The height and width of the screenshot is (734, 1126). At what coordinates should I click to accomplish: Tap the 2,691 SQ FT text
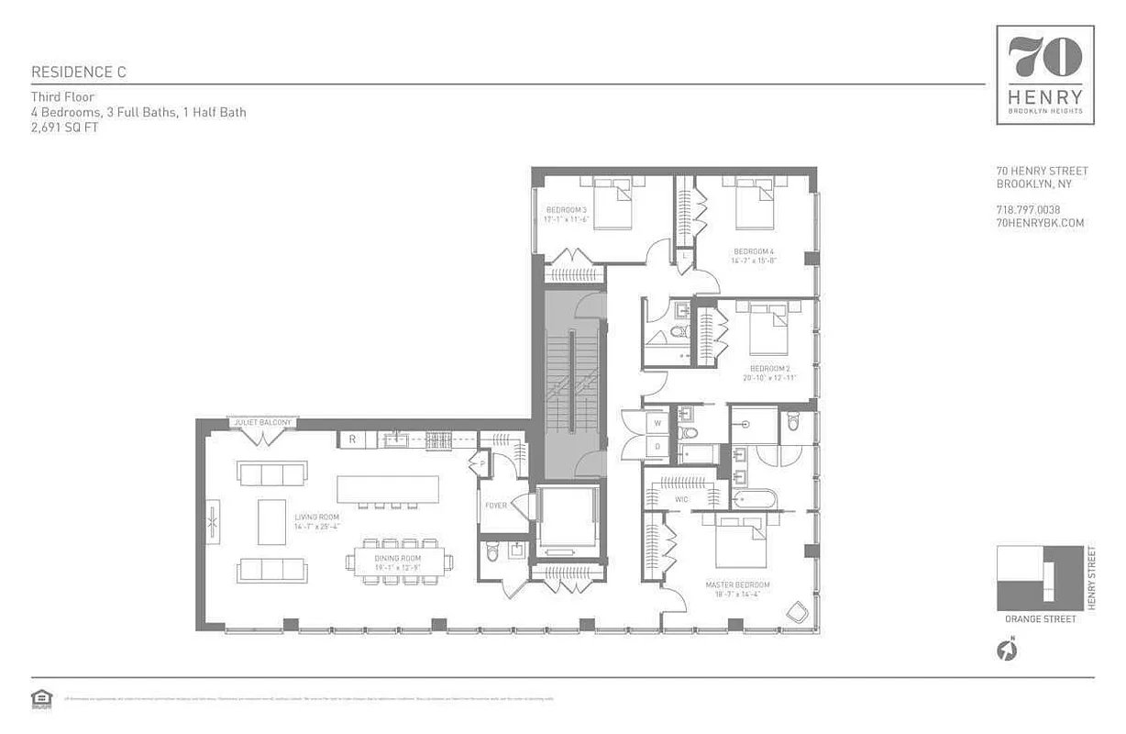click(64, 128)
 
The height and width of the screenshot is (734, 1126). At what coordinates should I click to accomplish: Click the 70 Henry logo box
click(1045, 74)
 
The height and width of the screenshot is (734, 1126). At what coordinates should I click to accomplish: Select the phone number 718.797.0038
click(1028, 210)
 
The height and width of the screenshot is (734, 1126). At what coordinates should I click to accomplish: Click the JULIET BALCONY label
click(263, 423)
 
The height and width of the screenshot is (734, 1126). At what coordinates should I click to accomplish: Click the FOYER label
click(496, 506)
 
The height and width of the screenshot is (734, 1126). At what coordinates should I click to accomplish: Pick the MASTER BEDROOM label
click(737, 584)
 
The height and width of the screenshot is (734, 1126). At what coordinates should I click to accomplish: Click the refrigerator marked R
click(351, 440)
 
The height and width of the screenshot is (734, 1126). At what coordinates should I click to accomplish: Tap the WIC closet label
click(681, 500)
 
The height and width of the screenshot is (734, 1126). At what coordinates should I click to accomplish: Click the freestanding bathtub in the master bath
click(755, 500)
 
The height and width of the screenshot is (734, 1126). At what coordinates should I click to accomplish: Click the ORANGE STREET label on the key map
click(1040, 619)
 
